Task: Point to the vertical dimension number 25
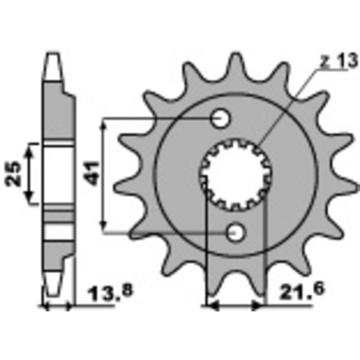click(17, 173)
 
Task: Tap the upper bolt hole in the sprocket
click(221, 118)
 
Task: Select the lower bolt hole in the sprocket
click(235, 231)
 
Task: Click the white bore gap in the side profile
click(58, 174)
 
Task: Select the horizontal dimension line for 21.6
click(235, 306)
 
